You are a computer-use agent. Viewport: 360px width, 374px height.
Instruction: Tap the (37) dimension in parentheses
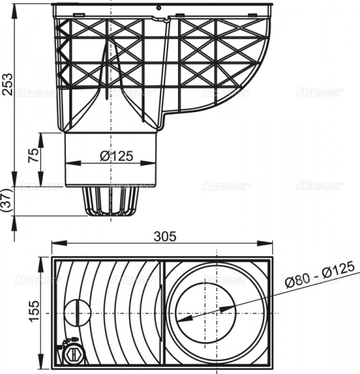pos(7,201)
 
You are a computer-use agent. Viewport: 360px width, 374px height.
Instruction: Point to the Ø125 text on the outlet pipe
pos(116,157)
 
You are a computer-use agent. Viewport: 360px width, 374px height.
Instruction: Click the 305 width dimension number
pos(165,236)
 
